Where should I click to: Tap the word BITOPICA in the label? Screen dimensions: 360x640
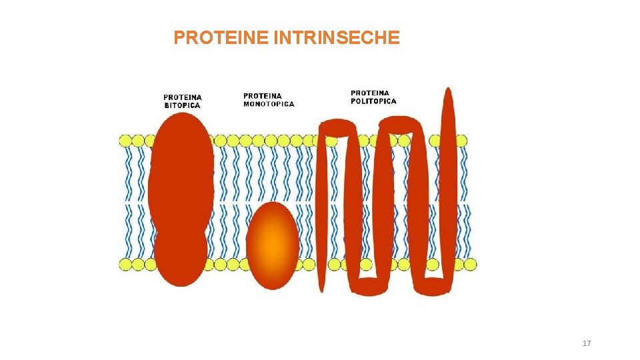click(x=182, y=105)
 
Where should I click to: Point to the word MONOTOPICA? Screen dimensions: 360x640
click(x=269, y=104)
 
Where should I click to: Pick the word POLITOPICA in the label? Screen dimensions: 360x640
click(x=373, y=101)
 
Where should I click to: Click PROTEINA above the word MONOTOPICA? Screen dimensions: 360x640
click(x=263, y=96)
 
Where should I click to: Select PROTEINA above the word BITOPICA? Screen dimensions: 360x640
click(x=183, y=97)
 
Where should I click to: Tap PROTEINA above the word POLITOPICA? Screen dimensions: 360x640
click(x=370, y=93)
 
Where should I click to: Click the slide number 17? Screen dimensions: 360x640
click(x=587, y=343)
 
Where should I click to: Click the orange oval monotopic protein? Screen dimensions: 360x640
click(x=272, y=245)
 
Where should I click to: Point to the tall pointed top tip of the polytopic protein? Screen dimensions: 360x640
click(x=448, y=97)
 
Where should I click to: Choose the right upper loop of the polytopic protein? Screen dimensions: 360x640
click(x=400, y=123)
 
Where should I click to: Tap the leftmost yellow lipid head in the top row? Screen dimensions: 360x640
click(x=125, y=141)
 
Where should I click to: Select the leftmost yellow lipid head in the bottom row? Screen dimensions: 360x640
click(x=125, y=265)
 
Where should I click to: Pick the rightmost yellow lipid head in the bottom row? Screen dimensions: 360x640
click(x=470, y=265)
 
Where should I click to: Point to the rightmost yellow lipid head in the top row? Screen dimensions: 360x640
click(x=461, y=141)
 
